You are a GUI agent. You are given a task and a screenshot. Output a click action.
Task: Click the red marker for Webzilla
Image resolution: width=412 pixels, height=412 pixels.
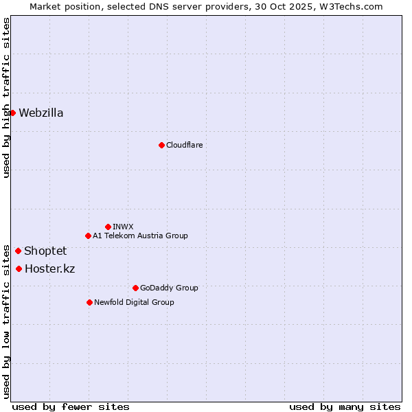coord(12,113)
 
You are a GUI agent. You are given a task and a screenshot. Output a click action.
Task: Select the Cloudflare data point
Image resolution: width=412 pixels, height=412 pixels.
coord(161,145)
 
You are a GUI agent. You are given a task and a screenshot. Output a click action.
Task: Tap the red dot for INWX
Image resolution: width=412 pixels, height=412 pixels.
coord(108,227)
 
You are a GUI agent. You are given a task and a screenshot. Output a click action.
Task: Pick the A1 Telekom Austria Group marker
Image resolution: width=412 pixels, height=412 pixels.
coord(88,236)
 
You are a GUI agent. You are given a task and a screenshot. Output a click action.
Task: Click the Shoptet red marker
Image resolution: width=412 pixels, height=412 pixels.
coord(18,251)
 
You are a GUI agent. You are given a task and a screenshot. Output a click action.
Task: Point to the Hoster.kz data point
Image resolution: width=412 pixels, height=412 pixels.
coord(19,268)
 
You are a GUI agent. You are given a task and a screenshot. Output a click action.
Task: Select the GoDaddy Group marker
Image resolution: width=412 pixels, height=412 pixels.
coord(135,288)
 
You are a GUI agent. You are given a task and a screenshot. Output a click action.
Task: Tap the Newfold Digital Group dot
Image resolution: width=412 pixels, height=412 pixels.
coord(89,302)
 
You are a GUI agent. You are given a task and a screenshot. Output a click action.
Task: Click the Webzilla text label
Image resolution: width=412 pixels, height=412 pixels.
coord(41,113)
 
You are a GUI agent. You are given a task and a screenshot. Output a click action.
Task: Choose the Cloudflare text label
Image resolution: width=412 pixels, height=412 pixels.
coord(184,145)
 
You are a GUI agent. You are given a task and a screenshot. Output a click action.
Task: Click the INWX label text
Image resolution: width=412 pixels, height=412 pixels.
coord(123,227)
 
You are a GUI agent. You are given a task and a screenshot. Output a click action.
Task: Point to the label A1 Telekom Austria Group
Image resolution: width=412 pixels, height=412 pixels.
coord(140,236)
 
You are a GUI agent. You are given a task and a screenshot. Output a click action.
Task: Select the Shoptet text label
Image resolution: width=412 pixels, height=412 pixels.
coord(45,251)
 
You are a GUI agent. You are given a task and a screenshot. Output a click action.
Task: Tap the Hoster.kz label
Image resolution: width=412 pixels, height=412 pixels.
coord(49,269)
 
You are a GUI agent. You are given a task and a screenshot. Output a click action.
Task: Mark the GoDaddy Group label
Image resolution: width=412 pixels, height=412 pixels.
coord(169,288)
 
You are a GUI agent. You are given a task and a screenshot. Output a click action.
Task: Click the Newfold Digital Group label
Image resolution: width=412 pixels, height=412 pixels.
coord(134,302)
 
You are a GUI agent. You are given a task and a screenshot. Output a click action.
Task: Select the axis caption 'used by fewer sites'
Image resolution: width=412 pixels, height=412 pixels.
coord(71,407)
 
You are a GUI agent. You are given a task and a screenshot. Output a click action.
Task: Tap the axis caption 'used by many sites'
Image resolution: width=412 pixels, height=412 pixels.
coord(345,407)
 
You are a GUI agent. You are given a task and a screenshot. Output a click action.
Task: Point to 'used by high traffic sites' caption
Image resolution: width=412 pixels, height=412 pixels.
coord(6,98)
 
